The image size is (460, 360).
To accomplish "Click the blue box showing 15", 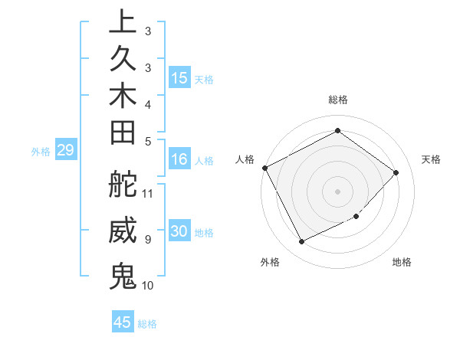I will click(179, 78).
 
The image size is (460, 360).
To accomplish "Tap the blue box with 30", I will click(179, 232).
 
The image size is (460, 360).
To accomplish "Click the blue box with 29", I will click(66, 151).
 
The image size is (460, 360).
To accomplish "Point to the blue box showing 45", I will click(123, 322).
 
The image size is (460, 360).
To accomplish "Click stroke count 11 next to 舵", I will click(149, 192).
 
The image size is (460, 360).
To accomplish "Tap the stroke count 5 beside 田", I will click(147, 141).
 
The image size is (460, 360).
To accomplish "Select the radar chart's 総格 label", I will click(337, 100).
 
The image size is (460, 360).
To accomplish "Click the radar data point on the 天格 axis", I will click(396, 172).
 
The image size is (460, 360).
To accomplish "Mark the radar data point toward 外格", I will click(301, 242).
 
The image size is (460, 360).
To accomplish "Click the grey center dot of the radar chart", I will click(337, 191).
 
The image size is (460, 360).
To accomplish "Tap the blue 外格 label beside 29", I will click(41, 152).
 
